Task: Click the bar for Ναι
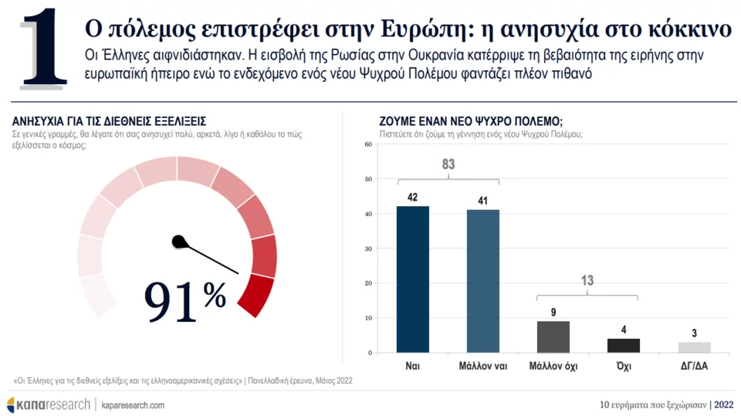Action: [x=413, y=279]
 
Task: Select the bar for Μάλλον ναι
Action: [x=483, y=281]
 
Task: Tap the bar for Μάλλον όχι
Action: [x=553, y=337]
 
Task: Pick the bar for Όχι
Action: [x=624, y=345]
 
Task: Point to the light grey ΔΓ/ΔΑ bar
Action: [x=694, y=347]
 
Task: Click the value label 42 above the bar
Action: [x=413, y=198]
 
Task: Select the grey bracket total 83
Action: [x=448, y=164]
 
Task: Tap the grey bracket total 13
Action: [x=588, y=281]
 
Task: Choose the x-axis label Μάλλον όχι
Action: [x=553, y=367]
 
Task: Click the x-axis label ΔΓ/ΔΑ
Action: [x=694, y=367]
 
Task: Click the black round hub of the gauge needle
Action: [x=179, y=242]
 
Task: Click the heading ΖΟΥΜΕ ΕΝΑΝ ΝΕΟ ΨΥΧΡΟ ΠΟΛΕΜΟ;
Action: [x=471, y=122]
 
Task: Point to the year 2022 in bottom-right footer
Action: [x=724, y=404]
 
